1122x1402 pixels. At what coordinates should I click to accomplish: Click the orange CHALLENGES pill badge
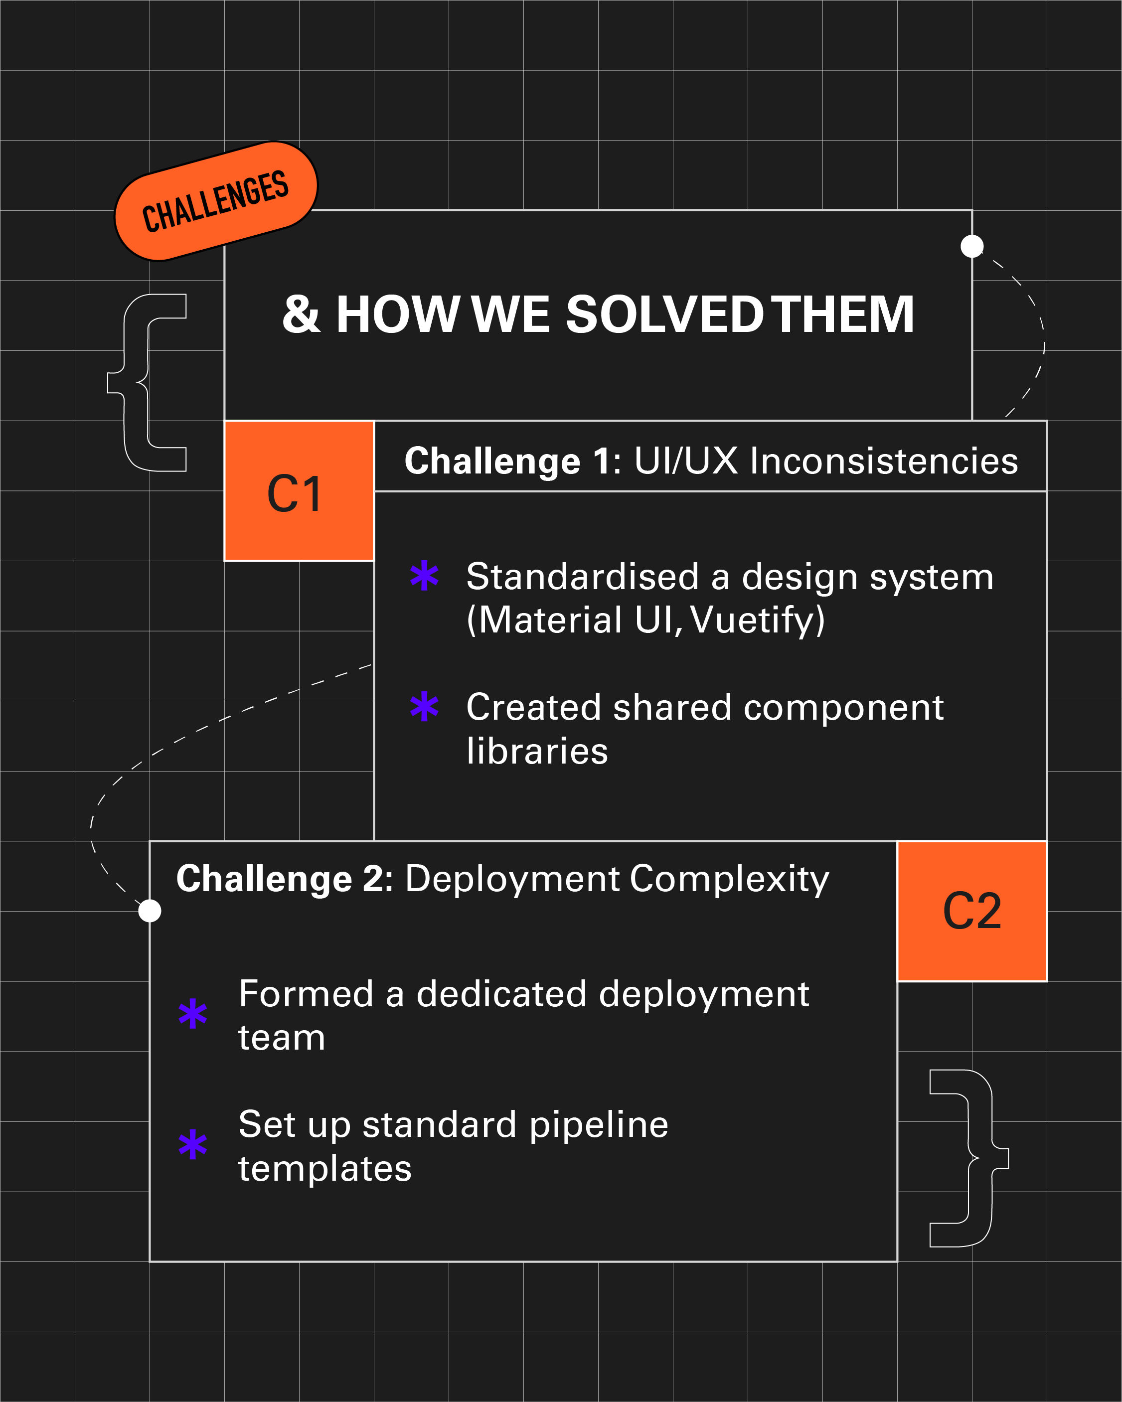(216, 201)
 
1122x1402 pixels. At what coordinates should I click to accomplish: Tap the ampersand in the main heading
(301, 314)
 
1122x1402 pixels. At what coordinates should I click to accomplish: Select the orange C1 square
(299, 491)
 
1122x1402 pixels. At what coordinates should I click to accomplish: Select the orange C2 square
(972, 911)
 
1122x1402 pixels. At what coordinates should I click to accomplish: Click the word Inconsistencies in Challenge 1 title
(884, 461)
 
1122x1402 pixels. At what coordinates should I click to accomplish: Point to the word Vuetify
(758, 620)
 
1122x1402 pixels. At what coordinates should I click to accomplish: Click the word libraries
(537, 751)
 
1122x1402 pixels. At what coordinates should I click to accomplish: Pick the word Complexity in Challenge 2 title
(729, 879)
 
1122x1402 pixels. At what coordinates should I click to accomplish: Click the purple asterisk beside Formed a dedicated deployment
(192, 1013)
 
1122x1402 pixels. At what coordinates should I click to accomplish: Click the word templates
(324, 1169)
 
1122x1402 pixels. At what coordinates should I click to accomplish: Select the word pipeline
(599, 1124)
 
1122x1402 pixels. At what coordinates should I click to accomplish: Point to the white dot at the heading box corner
(972, 246)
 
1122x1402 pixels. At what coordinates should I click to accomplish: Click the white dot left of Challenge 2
(150, 911)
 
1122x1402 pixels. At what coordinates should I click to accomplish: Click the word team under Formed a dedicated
(282, 1037)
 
